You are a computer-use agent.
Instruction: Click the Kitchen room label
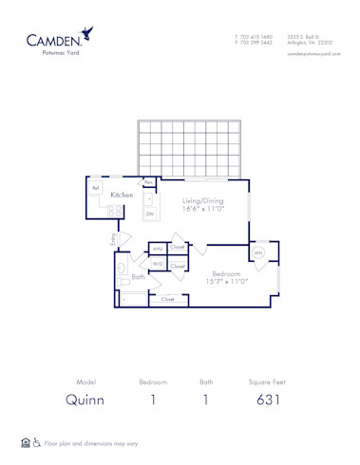click(121, 195)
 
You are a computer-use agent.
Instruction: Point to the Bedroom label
click(224, 273)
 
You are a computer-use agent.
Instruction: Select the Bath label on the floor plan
click(139, 277)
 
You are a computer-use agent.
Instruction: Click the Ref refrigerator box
click(96, 188)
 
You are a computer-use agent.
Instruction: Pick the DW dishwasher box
click(149, 214)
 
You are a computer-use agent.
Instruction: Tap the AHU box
click(158, 249)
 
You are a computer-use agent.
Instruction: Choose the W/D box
click(158, 265)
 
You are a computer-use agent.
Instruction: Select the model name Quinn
click(84, 400)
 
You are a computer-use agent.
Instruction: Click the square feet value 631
click(269, 400)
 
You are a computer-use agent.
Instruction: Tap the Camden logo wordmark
click(59, 40)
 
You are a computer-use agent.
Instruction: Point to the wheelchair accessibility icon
click(37, 442)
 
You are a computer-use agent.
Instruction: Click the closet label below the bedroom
click(167, 299)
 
